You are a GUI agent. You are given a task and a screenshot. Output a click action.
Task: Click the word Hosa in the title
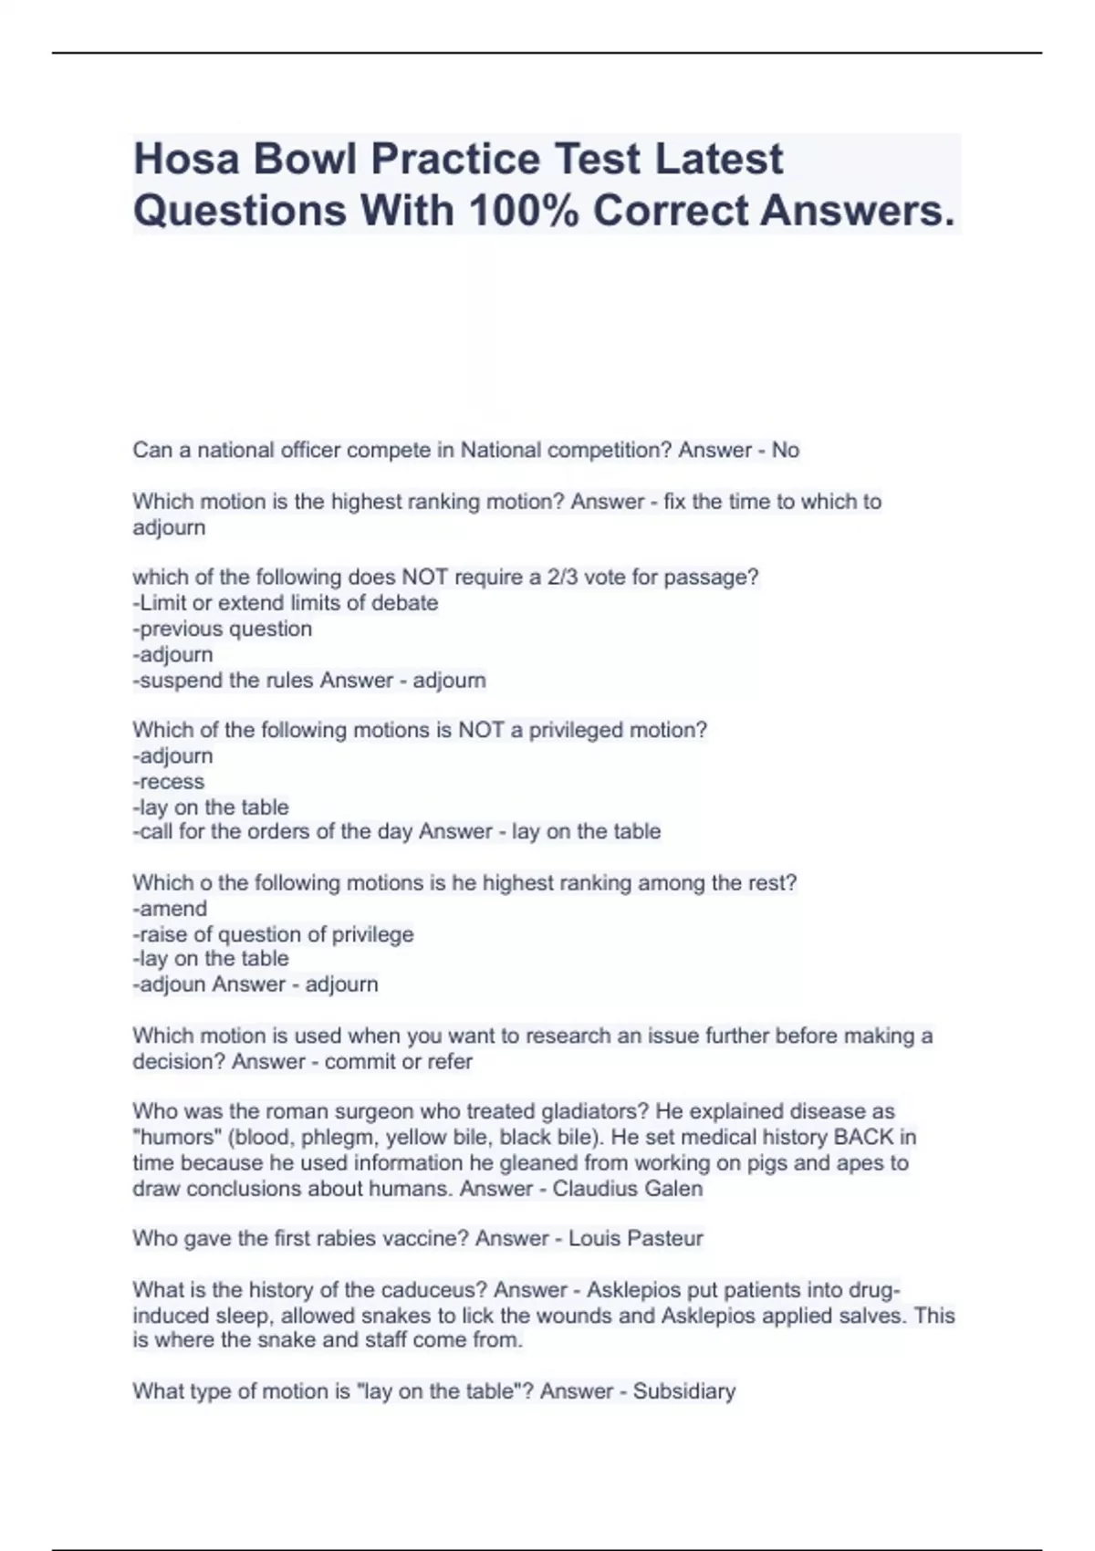tap(187, 159)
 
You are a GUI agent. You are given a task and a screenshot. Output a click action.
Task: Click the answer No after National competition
tap(785, 450)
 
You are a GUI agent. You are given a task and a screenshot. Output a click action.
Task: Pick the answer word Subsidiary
tap(684, 1391)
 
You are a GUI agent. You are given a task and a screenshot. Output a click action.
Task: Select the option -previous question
tap(223, 629)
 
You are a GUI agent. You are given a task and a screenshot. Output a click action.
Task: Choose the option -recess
tap(169, 782)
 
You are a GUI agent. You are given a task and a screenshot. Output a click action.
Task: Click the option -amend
tap(170, 909)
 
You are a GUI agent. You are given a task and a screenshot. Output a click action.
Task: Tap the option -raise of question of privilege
tap(273, 934)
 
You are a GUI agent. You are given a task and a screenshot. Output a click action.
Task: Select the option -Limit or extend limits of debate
tap(286, 603)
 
